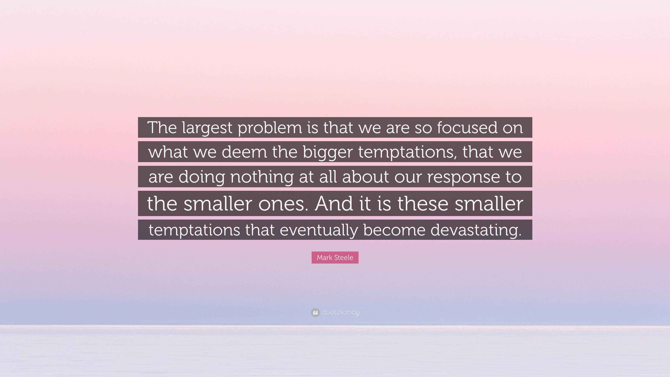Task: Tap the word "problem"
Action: tap(270, 128)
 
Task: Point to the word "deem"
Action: tap(244, 152)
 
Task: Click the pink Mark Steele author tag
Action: tap(335, 258)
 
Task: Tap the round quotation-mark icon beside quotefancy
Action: tap(315, 312)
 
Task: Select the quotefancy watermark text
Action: tap(340, 312)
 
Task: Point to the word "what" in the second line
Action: tap(168, 152)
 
